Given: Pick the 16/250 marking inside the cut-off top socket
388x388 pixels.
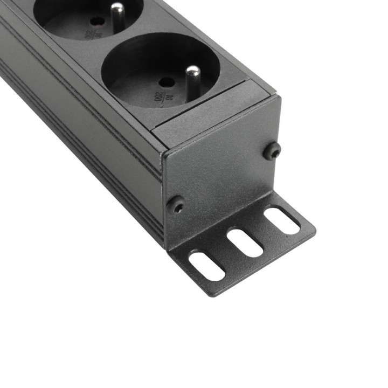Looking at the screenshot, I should (87, 34).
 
